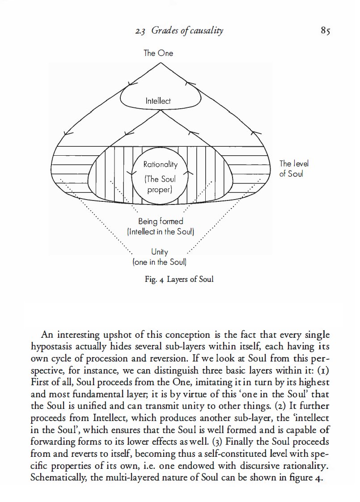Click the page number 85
(x=325, y=31)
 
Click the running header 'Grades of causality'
(x=187, y=31)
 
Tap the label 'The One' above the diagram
(x=158, y=53)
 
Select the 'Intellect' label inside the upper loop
(x=158, y=101)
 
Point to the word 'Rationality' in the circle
(x=160, y=164)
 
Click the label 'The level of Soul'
(x=294, y=169)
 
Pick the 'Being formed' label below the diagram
(x=161, y=221)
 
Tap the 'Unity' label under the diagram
(x=160, y=253)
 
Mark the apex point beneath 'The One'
(x=160, y=62)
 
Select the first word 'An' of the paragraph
(x=47, y=336)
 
